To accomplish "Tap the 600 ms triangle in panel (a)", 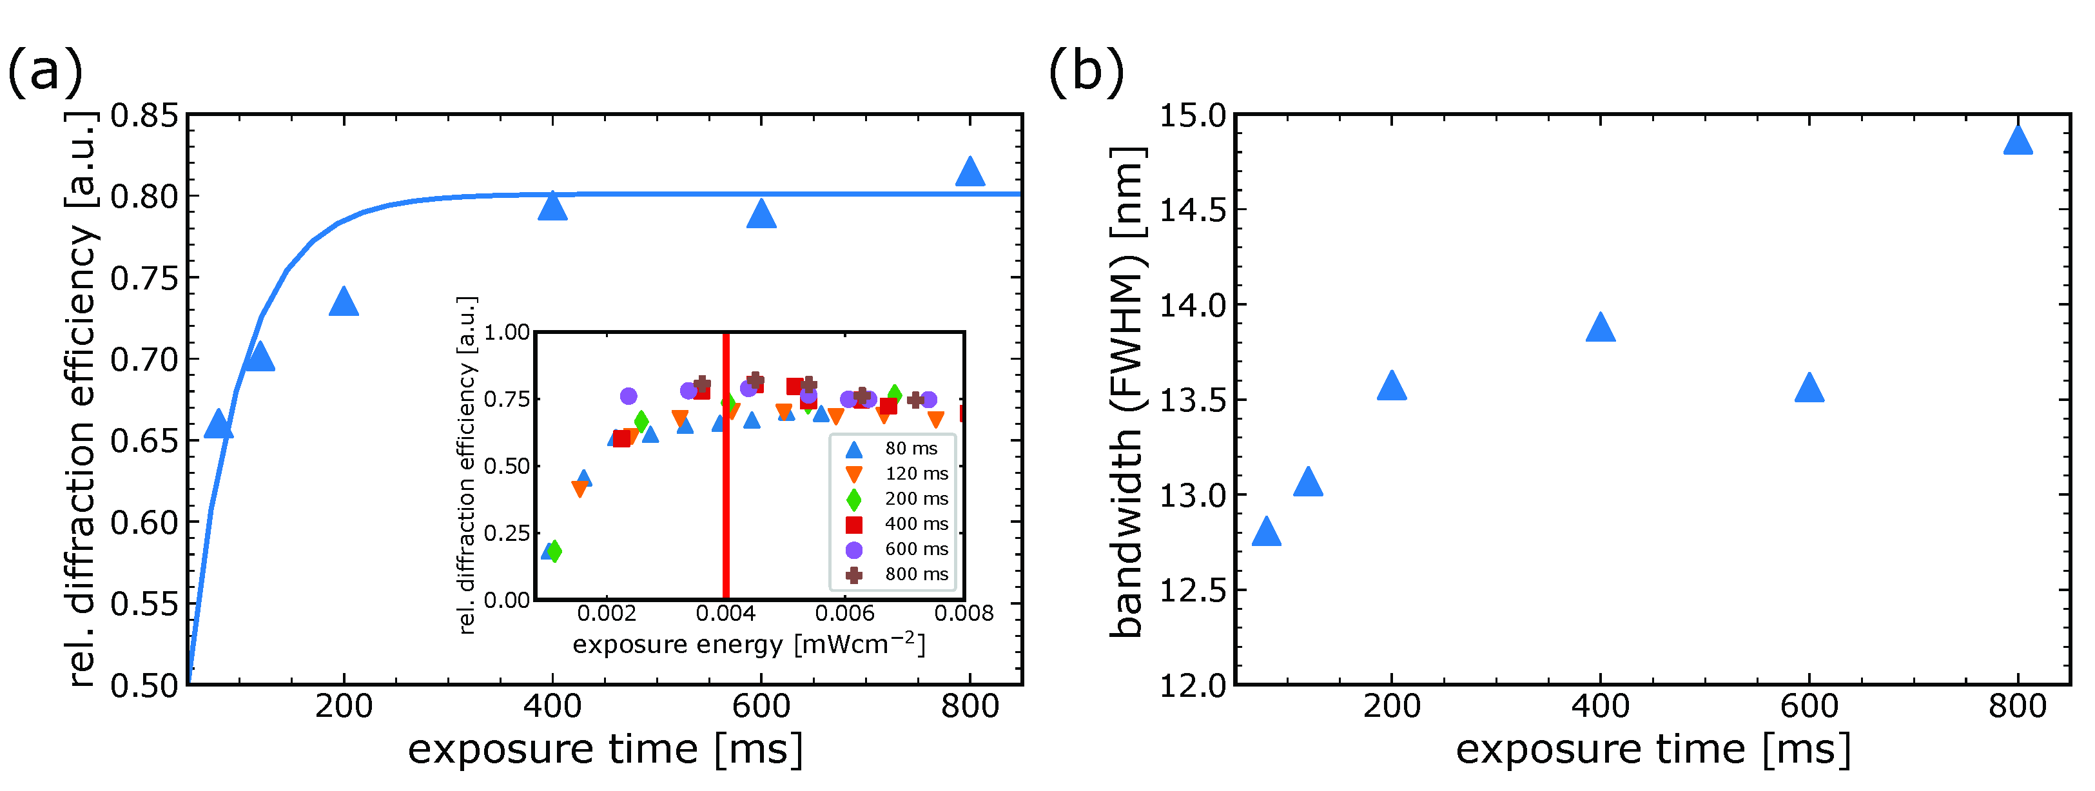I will pyautogui.click(x=761, y=215).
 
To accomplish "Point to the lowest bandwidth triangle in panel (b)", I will pyautogui.click(x=1266, y=532).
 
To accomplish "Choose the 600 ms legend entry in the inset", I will pyautogui.click(x=899, y=549).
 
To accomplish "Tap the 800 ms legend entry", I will pyautogui.click(x=899, y=575).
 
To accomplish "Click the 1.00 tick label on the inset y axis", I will pyautogui.click(x=507, y=333).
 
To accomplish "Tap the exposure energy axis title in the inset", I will pyautogui.click(x=748, y=645).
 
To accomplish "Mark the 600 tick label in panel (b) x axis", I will pyautogui.click(x=1809, y=706).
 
